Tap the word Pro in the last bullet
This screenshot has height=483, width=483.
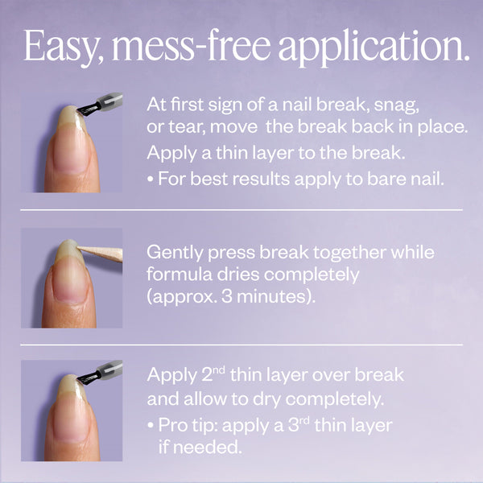(x=171, y=424)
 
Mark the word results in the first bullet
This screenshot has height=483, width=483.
(x=251, y=178)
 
